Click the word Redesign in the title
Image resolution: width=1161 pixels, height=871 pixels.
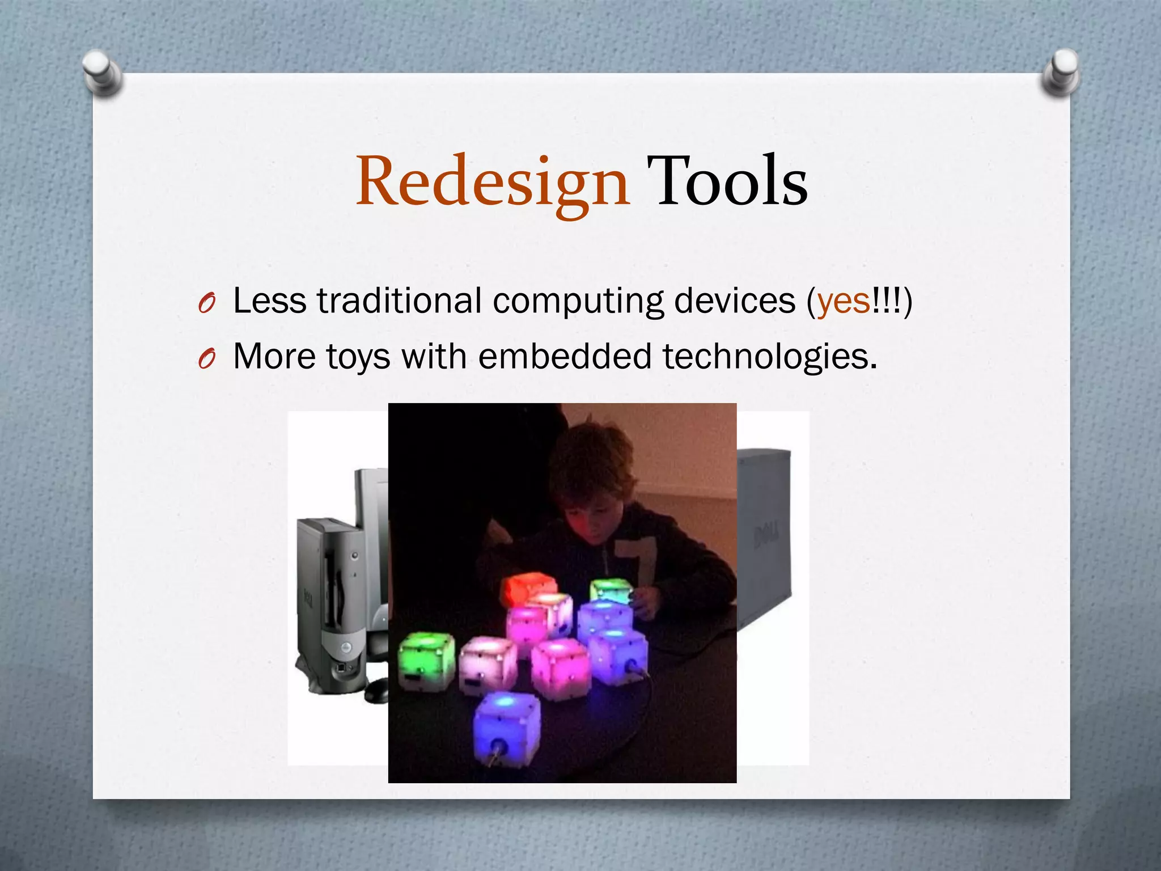(x=492, y=181)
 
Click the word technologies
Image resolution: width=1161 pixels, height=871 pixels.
(x=770, y=357)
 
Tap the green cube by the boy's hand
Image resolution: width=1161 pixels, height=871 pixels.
(x=611, y=591)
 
